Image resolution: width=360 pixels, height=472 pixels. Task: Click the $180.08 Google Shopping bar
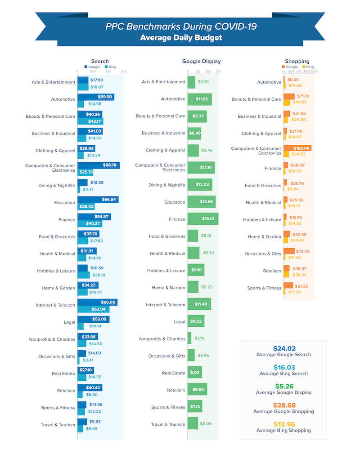pos(297,148)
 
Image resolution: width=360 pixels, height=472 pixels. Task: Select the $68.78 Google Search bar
pos(99,165)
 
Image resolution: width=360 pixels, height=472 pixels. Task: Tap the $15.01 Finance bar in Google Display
pos(202,219)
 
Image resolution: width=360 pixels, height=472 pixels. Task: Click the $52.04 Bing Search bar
pos(93,309)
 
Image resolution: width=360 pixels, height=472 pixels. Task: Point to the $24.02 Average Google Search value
pos(284,348)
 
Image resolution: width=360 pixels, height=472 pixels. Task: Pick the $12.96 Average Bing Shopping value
pos(284,424)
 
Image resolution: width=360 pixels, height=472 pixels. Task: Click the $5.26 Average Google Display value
pos(284,386)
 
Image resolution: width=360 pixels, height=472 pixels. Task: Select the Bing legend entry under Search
pos(110,67)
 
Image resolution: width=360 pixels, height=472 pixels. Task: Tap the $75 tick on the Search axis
pos(123,71)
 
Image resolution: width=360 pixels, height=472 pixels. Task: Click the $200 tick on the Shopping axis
pos(314,71)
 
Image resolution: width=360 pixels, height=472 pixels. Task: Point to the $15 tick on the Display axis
pos(218,71)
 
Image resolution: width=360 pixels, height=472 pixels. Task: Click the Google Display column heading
pos(201,62)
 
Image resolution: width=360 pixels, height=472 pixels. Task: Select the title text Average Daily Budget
pos(181,38)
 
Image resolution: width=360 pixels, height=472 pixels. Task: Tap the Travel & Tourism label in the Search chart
pos(58,425)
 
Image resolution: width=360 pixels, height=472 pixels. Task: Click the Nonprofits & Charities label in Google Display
pos(162,339)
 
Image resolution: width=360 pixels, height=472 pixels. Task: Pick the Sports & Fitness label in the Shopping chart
pos(264,288)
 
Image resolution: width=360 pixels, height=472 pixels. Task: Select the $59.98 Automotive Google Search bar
pos(95,97)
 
